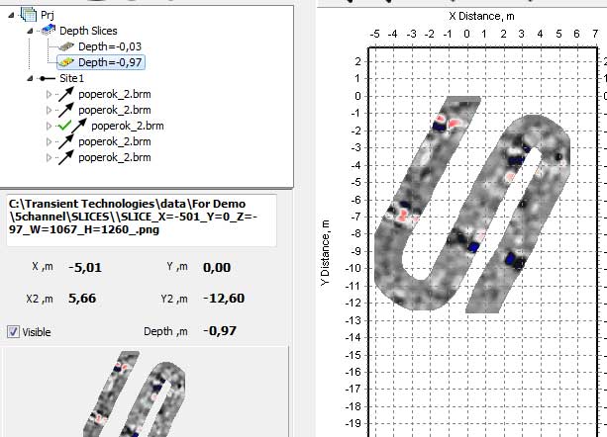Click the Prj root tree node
point(47,16)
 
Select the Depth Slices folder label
point(88,31)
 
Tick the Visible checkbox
point(13,332)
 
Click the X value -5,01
point(85,267)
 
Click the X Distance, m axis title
point(480,16)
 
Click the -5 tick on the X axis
point(374,34)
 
